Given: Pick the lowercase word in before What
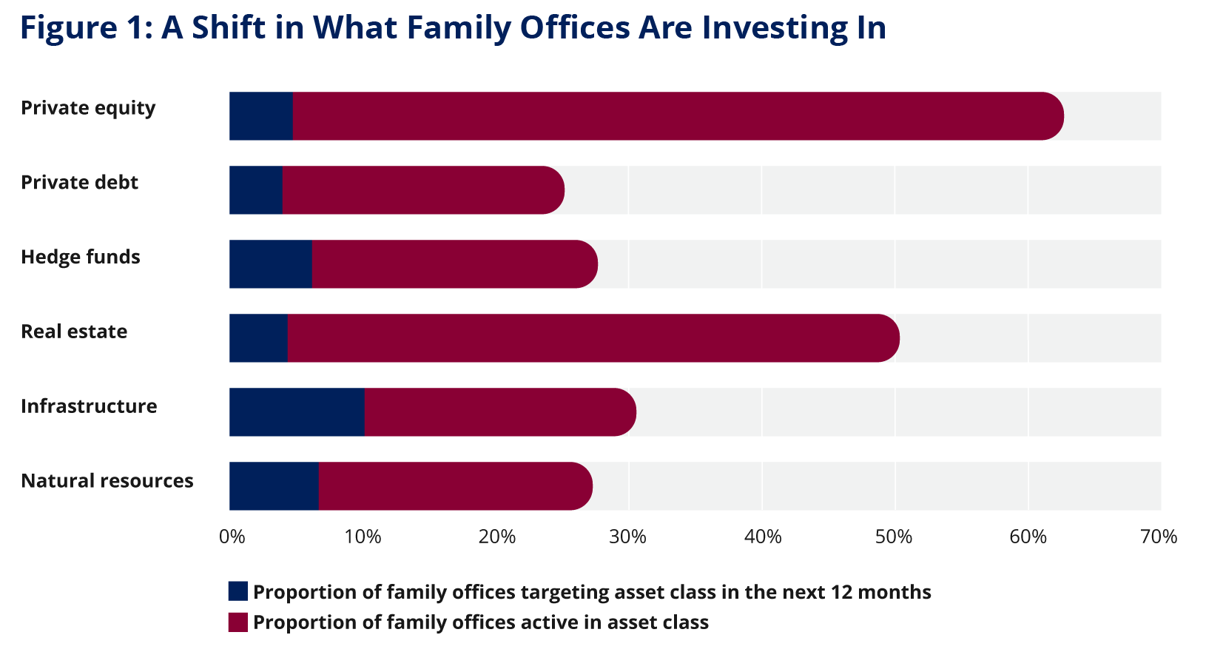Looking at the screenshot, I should [x=289, y=28].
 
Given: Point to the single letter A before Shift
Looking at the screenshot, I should [x=172, y=28].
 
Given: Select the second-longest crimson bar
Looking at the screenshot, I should [x=585, y=338].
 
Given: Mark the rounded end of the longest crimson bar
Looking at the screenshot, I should [x=1051, y=115].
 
